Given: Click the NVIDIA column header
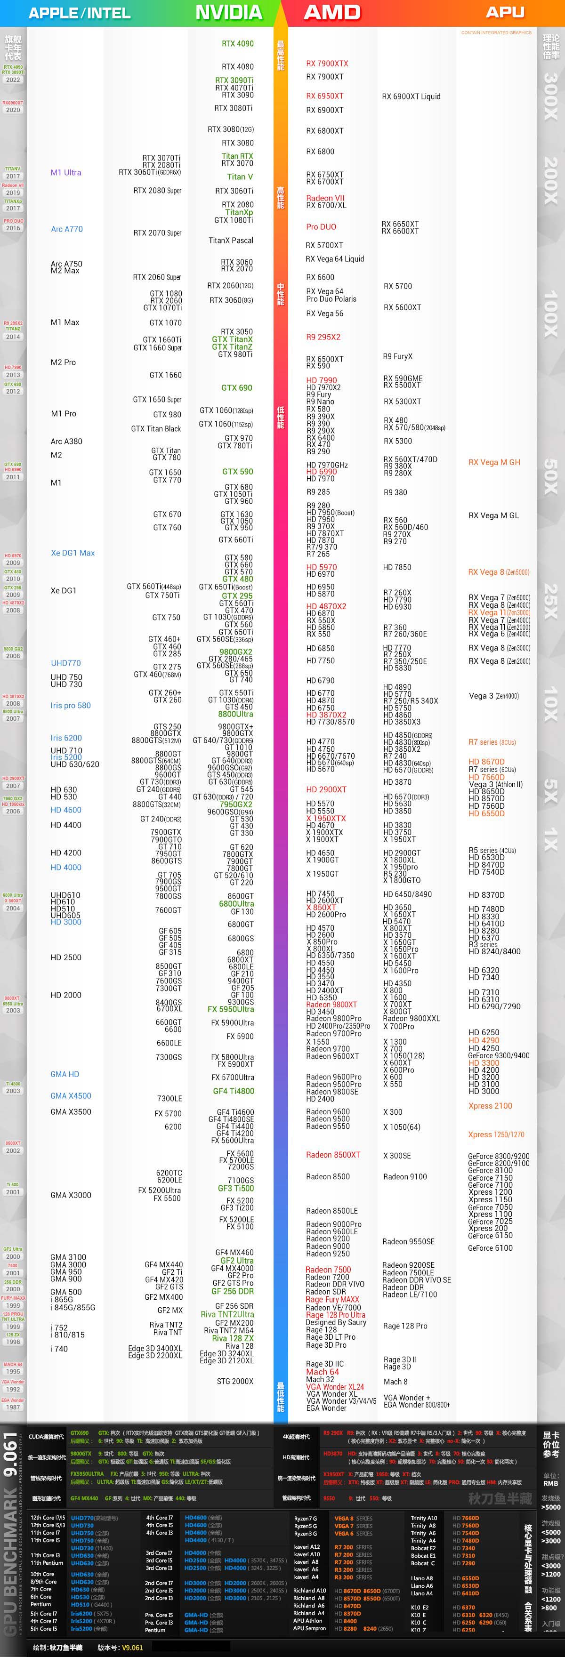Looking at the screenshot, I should [x=228, y=12].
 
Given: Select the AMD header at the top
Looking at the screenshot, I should [x=332, y=12].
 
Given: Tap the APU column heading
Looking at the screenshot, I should [x=505, y=12].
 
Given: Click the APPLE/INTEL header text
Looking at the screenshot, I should [x=80, y=13].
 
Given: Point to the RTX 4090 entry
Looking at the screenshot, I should [x=237, y=44].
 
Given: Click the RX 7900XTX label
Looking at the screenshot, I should [x=327, y=64].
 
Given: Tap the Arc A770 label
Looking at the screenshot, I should [x=67, y=229].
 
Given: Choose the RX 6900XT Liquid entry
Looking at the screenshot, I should [x=411, y=97].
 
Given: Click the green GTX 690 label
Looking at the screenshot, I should [x=237, y=388].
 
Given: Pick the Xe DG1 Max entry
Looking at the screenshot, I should [x=73, y=553].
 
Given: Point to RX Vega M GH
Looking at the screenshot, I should [x=494, y=462].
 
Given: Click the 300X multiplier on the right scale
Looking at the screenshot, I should [x=551, y=96].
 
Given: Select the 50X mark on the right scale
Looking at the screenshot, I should [x=551, y=476].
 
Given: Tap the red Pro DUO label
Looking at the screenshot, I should [x=321, y=226].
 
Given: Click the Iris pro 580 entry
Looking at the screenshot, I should [x=71, y=705].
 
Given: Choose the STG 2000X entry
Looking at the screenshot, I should [x=235, y=1381].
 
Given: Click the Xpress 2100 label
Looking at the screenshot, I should [x=490, y=1106].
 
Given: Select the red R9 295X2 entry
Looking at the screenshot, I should [x=323, y=337].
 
